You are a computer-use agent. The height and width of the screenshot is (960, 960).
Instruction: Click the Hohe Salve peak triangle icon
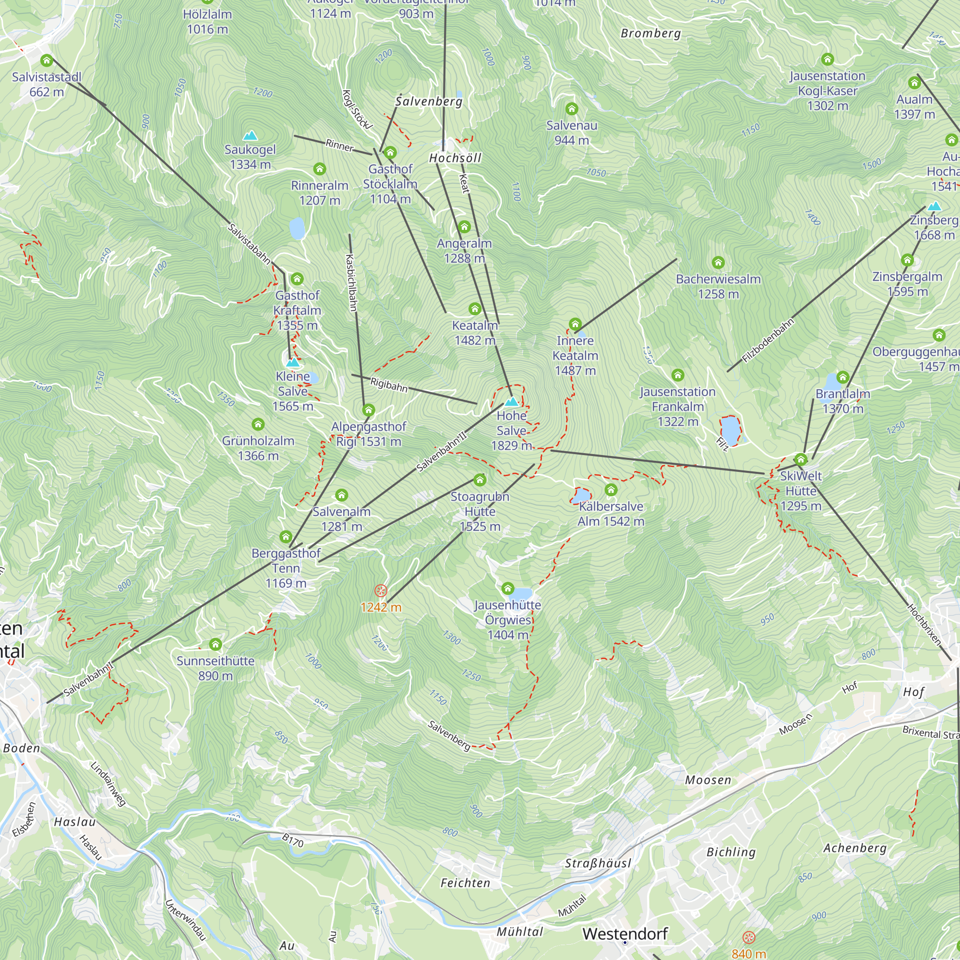click(x=511, y=401)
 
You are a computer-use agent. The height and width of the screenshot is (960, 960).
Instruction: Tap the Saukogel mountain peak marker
click(x=250, y=135)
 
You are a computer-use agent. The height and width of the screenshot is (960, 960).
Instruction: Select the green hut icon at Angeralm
click(x=464, y=227)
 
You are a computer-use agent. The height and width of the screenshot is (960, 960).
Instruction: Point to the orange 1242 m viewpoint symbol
click(x=381, y=591)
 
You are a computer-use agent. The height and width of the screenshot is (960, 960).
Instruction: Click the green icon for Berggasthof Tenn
click(x=286, y=537)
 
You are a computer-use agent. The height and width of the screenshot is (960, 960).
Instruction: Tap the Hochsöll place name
click(x=455, y=158)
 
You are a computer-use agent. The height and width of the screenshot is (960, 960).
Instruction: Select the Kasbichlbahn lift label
click(x=351, y=283)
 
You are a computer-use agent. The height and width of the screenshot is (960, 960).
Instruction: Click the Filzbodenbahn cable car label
click(x=768, y=341)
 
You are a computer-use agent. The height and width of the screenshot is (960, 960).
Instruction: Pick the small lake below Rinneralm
click(x=297, y=228)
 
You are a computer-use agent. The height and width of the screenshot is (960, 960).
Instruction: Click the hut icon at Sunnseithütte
click(x=215, y=645)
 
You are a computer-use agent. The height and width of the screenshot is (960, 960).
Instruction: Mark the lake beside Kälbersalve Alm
click(x=581, y=496)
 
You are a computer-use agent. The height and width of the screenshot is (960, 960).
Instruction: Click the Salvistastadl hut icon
click(x=47, y=60)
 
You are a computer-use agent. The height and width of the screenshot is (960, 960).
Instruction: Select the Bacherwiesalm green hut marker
click(x=718, y=263)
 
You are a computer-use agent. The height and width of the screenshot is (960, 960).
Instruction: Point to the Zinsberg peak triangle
click(x=935, y=206)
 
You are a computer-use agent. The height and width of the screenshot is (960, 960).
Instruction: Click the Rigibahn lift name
click(x=389, y=384)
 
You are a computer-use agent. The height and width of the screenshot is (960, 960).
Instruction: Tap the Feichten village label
click(x=465, y=883)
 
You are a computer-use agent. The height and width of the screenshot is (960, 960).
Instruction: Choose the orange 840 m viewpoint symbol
click(x=749, y=937)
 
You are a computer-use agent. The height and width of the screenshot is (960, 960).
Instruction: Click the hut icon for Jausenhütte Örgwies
click(x=507, y=589)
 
